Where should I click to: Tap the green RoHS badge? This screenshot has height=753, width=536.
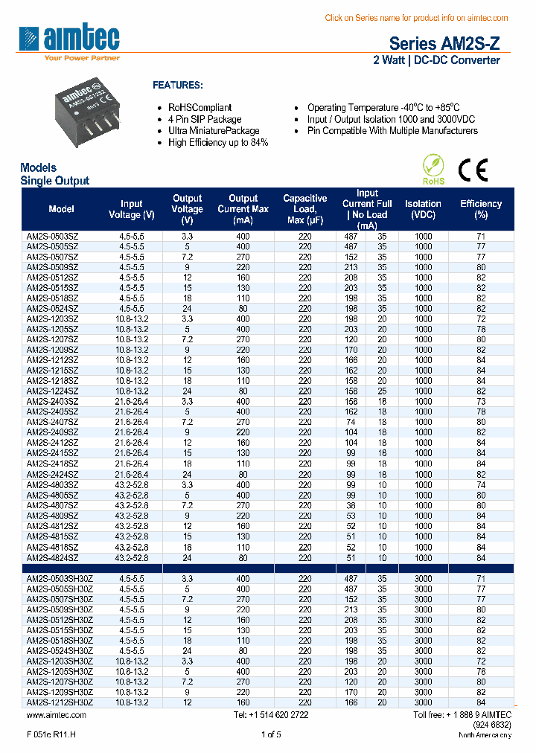[x=433, y=170]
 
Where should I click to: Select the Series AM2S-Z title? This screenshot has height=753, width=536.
[x=439, y=44]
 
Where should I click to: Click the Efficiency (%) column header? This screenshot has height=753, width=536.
[x=481, y=209]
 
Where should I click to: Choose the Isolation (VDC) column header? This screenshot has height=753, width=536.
[x=423, y=209]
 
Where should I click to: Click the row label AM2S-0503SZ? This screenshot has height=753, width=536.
[x=52, y=235]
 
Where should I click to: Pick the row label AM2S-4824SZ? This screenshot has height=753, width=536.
[x=52, y=557]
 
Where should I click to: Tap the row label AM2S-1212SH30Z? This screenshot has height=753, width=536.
[x=60, y=702]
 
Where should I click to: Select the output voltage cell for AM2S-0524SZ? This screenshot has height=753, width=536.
[x=187, y=308]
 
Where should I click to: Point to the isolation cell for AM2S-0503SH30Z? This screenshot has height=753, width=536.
[x=423, y=578]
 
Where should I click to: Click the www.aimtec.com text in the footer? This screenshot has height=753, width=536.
[x=57, y=715]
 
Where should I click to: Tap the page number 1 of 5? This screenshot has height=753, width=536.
[x=271, y=735]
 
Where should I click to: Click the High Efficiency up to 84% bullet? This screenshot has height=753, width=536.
[x=217, y=143]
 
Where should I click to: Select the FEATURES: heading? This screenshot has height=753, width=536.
[x=177, y=85]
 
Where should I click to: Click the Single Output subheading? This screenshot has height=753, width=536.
[x=54, y=180]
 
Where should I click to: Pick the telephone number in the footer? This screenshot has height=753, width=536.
[x=271, y=715]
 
